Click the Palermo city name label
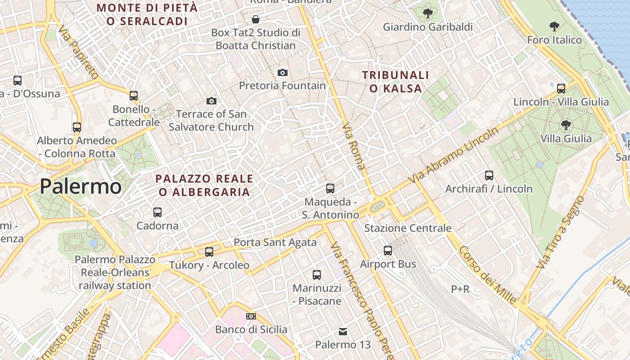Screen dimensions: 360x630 pos(81,186)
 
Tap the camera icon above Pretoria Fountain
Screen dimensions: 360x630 pos(283,72)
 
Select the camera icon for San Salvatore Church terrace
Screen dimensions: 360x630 pos(211,101)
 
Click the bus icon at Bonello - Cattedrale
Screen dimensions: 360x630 pos(134,95)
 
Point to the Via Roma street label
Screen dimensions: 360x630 pos(354,146)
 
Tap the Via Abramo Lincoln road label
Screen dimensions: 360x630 pos(454,155)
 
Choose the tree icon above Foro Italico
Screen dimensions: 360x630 pos(554,27)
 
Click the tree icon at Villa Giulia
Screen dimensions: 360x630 pos(566,125)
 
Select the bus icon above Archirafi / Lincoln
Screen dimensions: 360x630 pos(489,175)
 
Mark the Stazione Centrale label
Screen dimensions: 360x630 pos(408,228)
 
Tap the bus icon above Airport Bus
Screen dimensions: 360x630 pos(388,251)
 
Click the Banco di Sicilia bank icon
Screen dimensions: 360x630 pos(251,316)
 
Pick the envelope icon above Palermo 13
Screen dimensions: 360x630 pos(343,332)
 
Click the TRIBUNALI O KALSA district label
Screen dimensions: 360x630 pos(396,81)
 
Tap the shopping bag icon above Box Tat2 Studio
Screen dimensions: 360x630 pos(256,19)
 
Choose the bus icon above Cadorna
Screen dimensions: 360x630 pos(157,212)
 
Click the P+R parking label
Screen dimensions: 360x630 pos(460,289)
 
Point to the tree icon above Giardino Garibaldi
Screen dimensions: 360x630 pos(428,13)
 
